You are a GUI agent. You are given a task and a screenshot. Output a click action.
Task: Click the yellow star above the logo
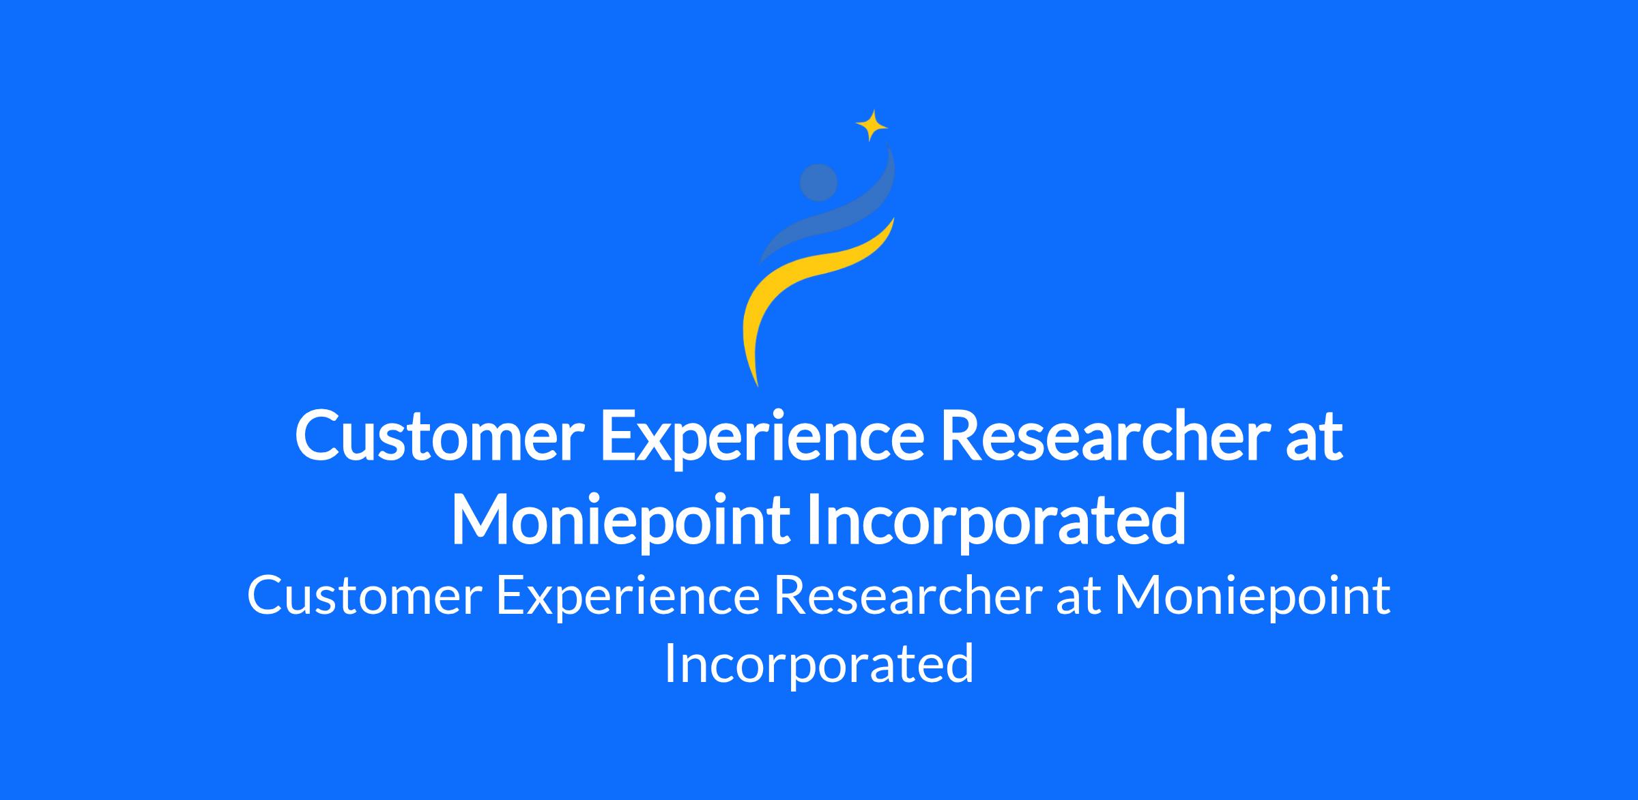pos(872,125)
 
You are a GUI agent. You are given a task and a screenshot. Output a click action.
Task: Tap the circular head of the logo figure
pos(818,183)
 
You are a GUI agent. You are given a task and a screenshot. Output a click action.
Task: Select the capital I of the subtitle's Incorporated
pos(670,664)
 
